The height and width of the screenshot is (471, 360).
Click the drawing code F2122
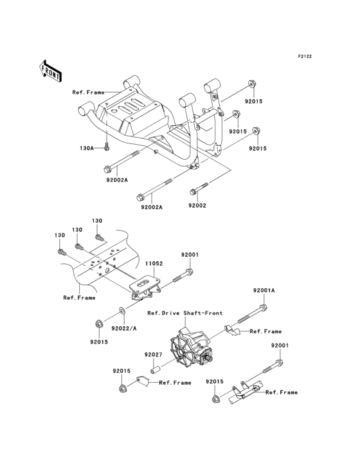click(304, 57)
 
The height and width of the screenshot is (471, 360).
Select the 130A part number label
click(87, 148)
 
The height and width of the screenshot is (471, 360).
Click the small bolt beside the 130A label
click(104, 147)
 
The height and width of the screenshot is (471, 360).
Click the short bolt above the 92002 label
click(197, 190)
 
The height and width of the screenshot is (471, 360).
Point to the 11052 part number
click(152, 264)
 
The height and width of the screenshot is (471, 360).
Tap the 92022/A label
click(124, 328)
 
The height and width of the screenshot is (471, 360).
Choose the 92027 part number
click(152, 355)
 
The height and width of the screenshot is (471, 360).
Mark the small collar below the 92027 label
click(155, 370)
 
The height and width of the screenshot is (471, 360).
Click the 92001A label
click(264, 291)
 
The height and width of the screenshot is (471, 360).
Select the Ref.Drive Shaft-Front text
click(185, 313)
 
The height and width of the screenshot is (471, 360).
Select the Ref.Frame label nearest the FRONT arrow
click(88, 93)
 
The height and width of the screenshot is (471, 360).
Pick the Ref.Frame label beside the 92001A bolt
click(265, 331)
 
